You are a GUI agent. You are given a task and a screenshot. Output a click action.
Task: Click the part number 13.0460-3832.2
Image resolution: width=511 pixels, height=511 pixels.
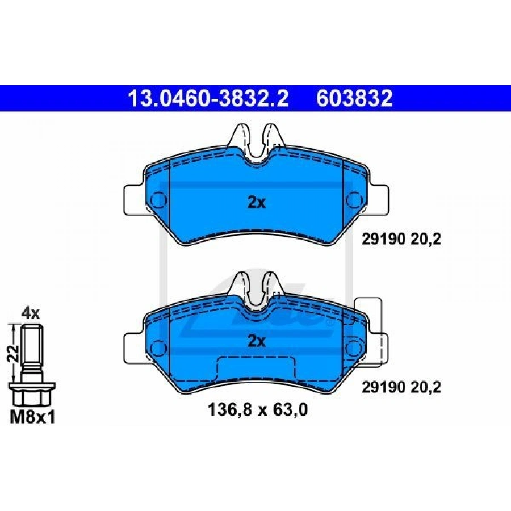[208, 98]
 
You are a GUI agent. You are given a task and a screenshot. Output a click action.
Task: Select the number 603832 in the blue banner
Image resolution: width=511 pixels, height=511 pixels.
[354, 98]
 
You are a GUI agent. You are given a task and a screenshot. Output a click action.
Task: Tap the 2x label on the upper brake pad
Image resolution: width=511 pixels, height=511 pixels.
[257, 203]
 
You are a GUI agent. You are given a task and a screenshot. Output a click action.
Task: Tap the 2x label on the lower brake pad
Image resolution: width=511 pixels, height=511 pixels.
[257, 341]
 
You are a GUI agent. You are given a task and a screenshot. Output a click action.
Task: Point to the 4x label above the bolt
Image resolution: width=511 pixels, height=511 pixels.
[30, 313]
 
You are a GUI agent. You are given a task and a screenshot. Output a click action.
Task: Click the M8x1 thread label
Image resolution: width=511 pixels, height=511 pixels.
[32, 417]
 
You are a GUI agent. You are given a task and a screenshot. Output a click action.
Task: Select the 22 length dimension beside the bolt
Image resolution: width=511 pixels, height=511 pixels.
[13, 353]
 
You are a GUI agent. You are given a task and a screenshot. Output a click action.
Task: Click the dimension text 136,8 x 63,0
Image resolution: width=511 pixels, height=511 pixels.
[257, 409]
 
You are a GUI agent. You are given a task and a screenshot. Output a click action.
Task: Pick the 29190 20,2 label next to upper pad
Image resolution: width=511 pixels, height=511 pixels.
[401, 240]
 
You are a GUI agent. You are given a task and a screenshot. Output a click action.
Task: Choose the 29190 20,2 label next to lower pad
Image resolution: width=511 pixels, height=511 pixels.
[401, 387]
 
